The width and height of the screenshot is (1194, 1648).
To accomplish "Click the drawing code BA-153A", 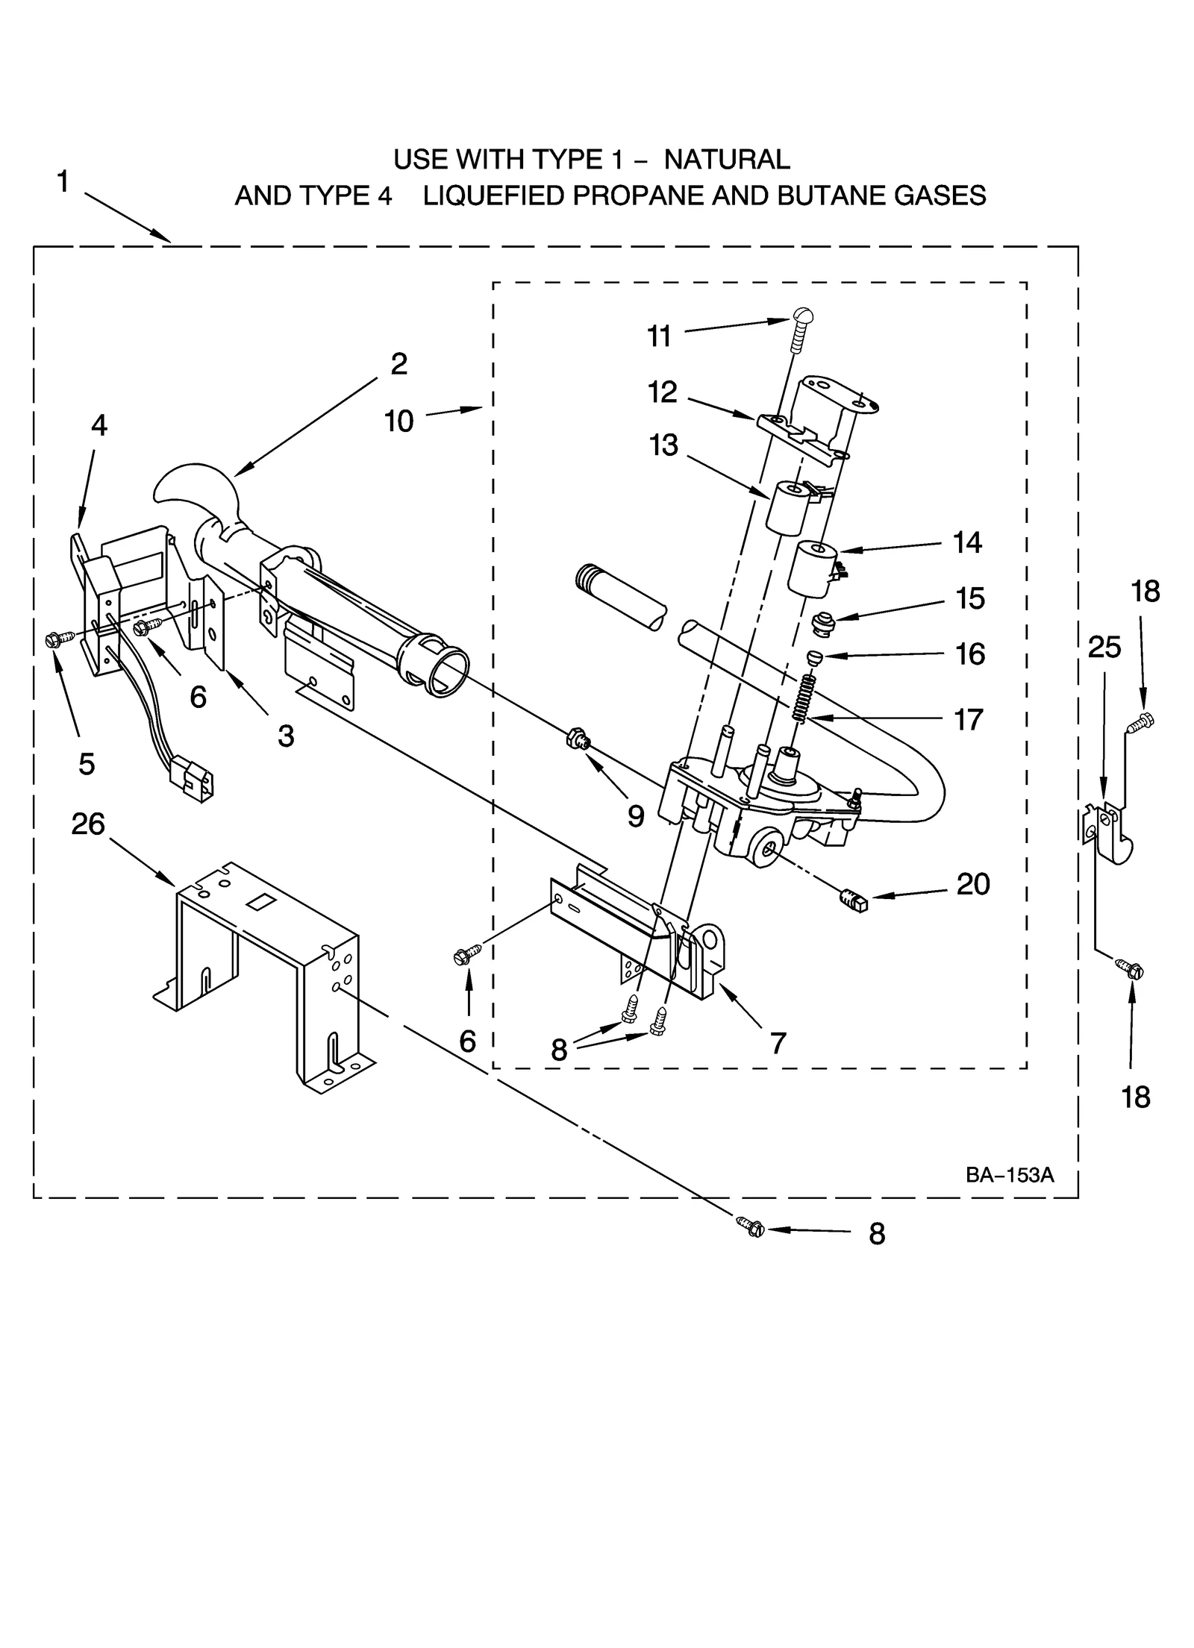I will click(x=1009, y=1175).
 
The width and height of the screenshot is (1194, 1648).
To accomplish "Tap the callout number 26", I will click(x=87, y=824).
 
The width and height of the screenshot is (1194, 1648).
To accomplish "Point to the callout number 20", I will click(x=972, y=884).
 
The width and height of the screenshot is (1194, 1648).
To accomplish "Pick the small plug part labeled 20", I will click(x=854, y=901).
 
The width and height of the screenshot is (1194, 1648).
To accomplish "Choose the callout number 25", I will click(x=1104, y=648).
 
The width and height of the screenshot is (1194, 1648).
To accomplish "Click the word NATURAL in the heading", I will click(x=726, y=159).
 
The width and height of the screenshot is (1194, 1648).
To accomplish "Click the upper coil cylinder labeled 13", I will click(x=787, y=507).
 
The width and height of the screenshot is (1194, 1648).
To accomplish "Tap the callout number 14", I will click(x=966, y=542).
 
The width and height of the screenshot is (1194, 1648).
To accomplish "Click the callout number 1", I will click(x=63, y=181).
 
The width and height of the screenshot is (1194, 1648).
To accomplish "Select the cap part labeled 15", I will click(x=823, y=622).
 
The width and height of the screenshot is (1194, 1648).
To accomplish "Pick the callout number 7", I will click(x=778, y=1042).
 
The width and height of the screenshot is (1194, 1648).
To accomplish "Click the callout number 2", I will click(x=398, y=364).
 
